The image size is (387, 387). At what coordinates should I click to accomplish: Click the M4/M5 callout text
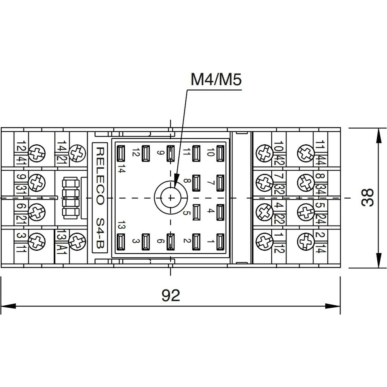216,79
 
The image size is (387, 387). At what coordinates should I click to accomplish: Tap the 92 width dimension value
171,295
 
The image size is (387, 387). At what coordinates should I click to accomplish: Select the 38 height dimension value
368,197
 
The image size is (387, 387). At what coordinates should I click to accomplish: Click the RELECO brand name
100,176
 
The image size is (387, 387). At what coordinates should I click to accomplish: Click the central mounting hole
171,197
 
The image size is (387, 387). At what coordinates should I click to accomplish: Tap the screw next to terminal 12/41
37,153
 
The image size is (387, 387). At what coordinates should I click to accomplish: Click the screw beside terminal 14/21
77,153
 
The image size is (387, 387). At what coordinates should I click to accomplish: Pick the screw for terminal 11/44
306,153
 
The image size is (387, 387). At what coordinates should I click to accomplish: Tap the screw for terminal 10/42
264,153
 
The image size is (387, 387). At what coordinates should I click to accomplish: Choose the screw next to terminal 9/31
37,183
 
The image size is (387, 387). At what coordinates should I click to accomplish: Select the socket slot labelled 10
220,153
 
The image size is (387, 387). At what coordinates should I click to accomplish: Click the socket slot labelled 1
220,242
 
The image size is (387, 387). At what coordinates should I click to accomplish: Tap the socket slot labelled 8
196,183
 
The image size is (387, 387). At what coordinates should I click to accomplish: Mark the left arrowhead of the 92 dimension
9,306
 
